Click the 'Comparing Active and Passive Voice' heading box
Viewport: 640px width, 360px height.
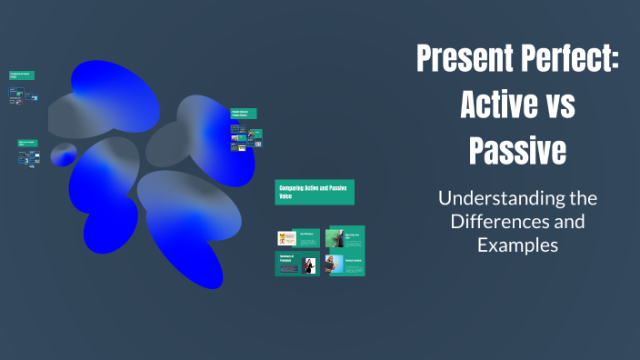pos(315,192)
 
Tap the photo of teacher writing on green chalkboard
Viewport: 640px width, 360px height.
pos(335,238)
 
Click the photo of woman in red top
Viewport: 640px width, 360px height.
pos(310,265)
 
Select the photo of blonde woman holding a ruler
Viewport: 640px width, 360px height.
pos(335,265)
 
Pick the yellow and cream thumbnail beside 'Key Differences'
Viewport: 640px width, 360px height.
pos(286,238)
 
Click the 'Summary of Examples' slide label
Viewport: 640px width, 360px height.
pos(288,259)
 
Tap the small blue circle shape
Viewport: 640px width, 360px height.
pos(63,155)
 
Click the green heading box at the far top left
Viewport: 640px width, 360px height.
pos(22,75)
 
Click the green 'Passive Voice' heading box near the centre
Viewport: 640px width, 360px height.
pos(244,114)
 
